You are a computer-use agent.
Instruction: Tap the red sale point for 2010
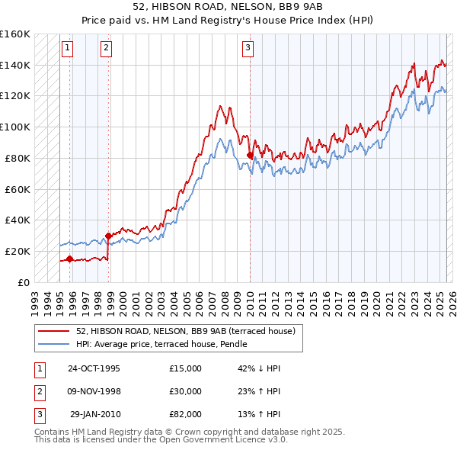pyautogui.click(x=250, y=156)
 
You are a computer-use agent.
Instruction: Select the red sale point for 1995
pyautogui.click(x=69, y=259)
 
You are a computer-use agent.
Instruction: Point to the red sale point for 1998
pyautogui.click(x=108, y=236)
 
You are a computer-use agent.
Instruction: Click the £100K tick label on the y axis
pyautogui.click(x=15, y=127)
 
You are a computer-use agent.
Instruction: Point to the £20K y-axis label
pyautogui.click(x=18, y=251)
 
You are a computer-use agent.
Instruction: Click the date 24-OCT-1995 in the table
pyautogui.click(x=94, y=368)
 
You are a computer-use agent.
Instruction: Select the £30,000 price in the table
pyautogui.click(x=186, y=391)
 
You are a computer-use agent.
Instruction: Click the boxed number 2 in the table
pyautogui.click(x=38, y=391)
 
